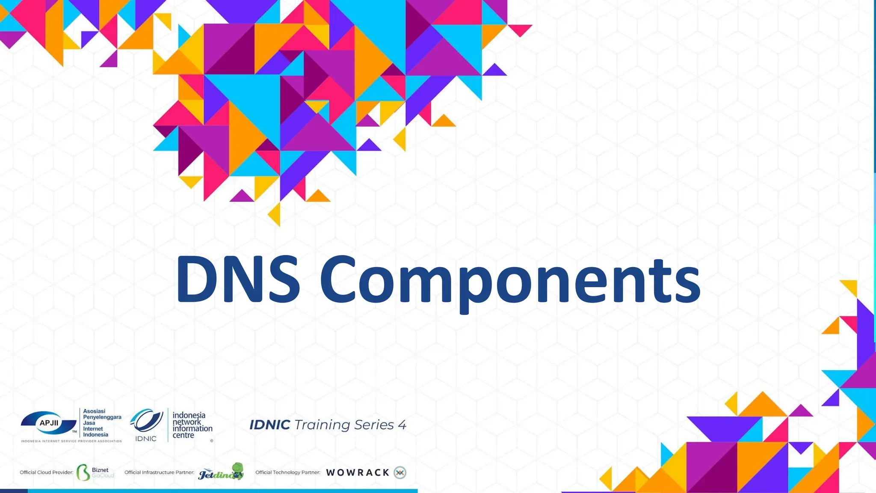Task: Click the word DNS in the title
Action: [238, 279]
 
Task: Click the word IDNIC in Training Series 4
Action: [269, 425]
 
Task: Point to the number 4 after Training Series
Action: [402, 425]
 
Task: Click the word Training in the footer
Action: [322, 425]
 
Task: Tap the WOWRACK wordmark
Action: [358, 472]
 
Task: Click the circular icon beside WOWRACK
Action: [400, 472]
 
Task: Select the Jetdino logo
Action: [221, 472]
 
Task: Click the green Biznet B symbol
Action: [83, 472]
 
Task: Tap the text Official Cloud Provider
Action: [46, 472]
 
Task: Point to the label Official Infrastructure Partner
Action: [159, 472]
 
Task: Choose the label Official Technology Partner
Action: [288, 472]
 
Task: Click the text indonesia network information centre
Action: [192, 425]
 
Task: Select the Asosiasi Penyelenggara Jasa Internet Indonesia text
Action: [102, 423]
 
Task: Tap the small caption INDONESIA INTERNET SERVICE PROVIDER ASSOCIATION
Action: [71, 441]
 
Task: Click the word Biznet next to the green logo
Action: [100, 470]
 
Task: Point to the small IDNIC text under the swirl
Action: [146, 439]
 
